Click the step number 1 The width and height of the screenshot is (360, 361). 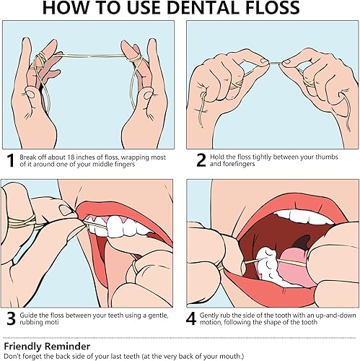(10, 160)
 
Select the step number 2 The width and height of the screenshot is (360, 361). (191, 160)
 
